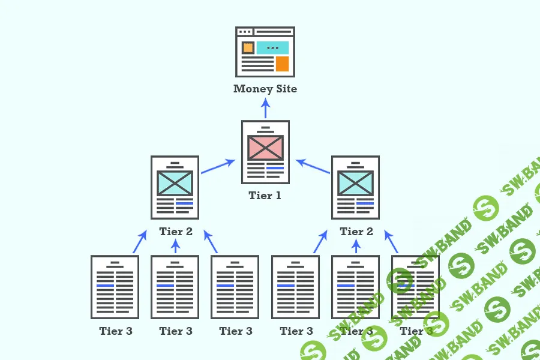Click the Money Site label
coord(265,89)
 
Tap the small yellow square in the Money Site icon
coord(247,47)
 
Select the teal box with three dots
coord(272,47)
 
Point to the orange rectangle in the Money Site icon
coord(282,64)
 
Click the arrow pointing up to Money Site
coord(265,107)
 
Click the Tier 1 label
coord(265,196)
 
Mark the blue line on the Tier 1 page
coord(275,167)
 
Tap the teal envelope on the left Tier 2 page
coord(175,183)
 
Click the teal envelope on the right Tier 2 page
coord(355,183)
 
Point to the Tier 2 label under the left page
coord(176,232)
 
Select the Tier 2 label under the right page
coord(356,232)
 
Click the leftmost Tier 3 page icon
coord(115,286)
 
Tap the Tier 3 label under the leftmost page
coord(116,331)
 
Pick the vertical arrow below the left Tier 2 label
coord(175,246)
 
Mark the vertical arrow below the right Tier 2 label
coord(356,246)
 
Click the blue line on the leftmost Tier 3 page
coord(105,285)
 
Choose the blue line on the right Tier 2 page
coord(365,203)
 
